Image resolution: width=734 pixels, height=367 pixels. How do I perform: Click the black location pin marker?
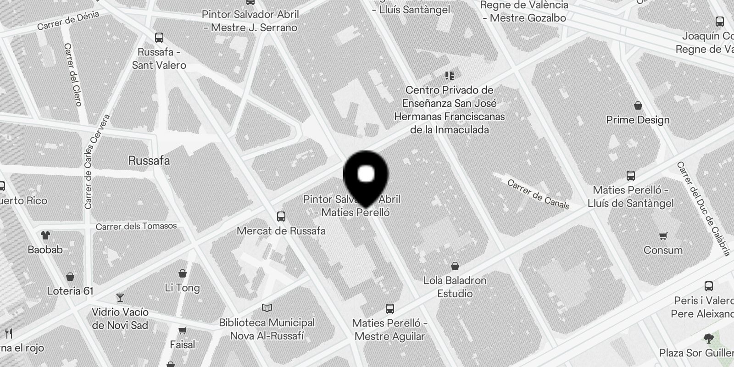(366, 177)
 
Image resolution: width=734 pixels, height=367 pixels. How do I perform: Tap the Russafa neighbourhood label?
(149, 161)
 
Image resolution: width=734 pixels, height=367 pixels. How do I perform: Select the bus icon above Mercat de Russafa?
(281, 217)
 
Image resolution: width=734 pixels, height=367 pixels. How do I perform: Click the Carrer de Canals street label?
(538, 194)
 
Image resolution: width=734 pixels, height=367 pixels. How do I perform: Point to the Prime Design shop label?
(638, 120)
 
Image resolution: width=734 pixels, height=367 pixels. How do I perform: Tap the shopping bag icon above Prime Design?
(638, 106)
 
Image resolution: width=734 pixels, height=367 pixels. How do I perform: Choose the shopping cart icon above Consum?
(663, 236)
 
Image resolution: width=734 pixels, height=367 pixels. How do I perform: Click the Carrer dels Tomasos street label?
(136, 226)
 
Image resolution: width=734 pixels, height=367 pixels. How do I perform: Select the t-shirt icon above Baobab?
(45, 236)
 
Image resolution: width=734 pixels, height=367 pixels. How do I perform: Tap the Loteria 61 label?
(70, 291)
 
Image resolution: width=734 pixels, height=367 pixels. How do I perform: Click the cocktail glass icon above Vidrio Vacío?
(120, 298)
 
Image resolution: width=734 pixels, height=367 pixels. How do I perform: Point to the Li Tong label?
(182, 288)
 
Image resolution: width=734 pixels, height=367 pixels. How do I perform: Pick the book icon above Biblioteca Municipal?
(267, 308)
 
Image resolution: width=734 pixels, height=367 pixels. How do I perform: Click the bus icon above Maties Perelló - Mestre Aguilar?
(390, 308)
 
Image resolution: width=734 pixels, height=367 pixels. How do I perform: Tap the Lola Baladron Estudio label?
(455, 287)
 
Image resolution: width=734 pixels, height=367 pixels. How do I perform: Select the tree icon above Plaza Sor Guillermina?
(708, 339)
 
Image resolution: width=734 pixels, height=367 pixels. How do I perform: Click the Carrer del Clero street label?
(73, 74)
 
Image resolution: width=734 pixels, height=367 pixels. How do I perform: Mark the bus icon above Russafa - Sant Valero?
(159, 38)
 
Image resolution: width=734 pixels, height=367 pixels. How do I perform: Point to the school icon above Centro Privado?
(449, 76)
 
